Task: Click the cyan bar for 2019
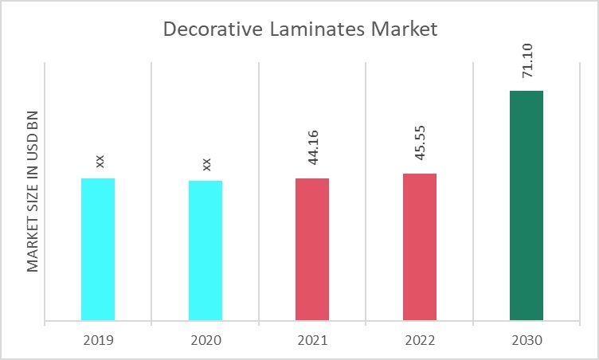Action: coord(98,250)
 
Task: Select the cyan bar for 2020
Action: coord(206,251)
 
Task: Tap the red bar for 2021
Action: coord(312,250)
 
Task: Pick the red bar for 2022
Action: coord(420,248)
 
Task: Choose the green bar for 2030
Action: coord(527,206)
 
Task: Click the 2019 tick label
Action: coord(98,340)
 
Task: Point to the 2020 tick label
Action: coord(206,340)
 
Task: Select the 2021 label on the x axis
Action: coord(312,340)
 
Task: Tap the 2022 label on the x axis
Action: coord(420,340)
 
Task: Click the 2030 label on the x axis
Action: coord(527,340)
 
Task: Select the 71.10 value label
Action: coord(528,61)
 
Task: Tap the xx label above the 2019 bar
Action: coord(100,161)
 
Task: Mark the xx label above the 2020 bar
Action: coord(207,163)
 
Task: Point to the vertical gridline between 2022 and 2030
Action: coord(473,191)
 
